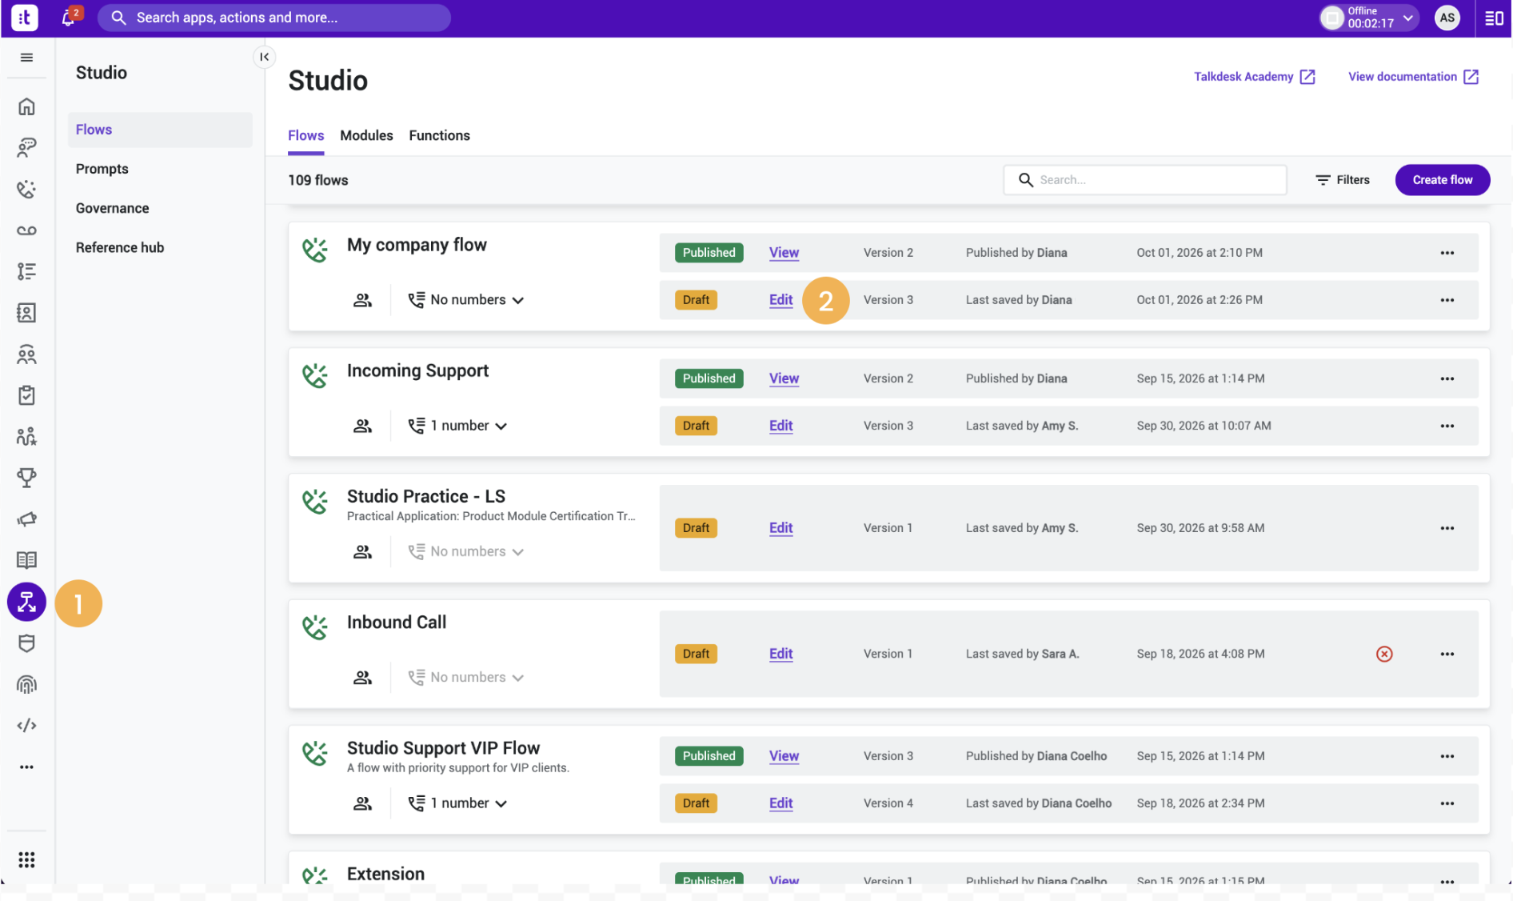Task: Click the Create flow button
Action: pos(1442,180)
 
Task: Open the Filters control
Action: pos(1343,180)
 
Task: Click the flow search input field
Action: pos(1144,180)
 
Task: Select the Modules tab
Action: pos(366,135)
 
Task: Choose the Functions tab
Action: pos(439,135)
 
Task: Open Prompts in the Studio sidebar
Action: pos(102,169)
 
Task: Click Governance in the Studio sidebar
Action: pos(113,208)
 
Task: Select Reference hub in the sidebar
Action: pos(120,247)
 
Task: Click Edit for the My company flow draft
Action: pos(780,300)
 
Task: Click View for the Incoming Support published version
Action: pos(784,378)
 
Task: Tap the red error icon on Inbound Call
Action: pos(1384,654)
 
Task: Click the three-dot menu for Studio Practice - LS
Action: pos(1447,528)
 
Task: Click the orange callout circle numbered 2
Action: pos(825,301)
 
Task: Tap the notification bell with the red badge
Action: pos(69,17)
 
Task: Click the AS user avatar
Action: pos(1447,18)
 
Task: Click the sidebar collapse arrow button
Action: pos(264,57)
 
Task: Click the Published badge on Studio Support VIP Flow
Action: pos(709,756)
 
